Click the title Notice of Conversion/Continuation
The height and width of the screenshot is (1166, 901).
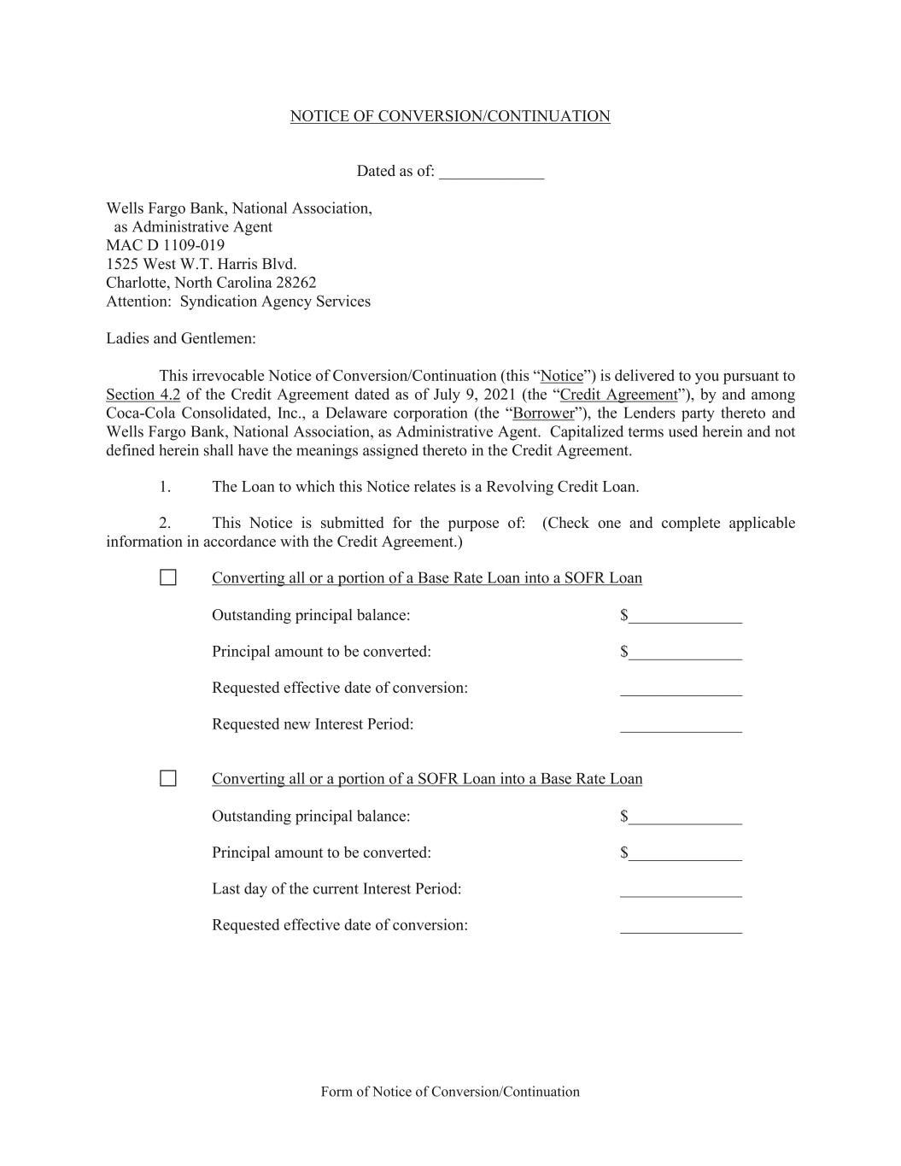click(450, 116)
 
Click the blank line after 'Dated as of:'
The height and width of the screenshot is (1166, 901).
click(491, 173)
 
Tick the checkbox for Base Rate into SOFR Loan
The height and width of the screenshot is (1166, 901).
click(168, 577)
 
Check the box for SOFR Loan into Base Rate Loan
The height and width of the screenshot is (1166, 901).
click(168, 778)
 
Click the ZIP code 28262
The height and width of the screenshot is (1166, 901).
click(296, 282)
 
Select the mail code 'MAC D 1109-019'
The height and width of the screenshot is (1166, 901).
click(166, 245)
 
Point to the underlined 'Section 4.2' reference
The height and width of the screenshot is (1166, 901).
click(143, 395)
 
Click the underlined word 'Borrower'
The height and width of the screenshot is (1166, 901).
click(543, 413)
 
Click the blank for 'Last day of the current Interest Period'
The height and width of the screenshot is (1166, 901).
click(681, 891)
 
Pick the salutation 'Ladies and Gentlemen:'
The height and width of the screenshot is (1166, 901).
click(181, 338)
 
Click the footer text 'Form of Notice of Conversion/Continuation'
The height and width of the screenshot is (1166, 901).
click(450, 1092)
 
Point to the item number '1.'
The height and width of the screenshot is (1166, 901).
click(165, 487)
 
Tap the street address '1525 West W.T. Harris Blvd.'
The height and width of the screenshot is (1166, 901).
click(202, 264)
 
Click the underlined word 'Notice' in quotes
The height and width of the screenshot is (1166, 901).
click(562, 376)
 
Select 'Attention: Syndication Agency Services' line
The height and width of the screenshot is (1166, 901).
click(238, 301)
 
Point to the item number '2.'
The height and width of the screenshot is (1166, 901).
click(165, 523)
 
